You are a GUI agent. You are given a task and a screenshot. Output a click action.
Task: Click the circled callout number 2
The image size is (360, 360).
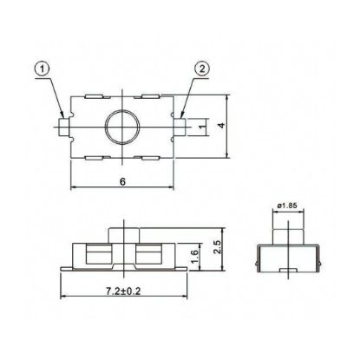click(x=200, y=69)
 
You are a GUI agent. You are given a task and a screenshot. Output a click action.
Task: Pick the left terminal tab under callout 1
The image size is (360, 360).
click(x=63, y=128)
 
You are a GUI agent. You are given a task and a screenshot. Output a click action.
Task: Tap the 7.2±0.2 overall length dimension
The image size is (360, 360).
click(x=122, y=296)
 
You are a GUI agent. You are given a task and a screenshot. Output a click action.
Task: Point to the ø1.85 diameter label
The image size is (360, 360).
click(x=286, y=206)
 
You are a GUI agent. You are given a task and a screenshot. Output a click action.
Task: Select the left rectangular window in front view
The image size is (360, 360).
click(x=98, y=254)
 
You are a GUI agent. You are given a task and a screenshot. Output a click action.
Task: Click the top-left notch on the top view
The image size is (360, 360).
click(x=96, y=97)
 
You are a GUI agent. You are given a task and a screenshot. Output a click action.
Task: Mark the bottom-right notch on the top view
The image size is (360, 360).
click(x=148, y=156)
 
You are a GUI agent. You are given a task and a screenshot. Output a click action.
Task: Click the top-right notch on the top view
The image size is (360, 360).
click(x=148, y=97)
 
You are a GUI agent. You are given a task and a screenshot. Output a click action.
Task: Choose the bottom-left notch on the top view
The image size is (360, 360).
click(x=96, y=156)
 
